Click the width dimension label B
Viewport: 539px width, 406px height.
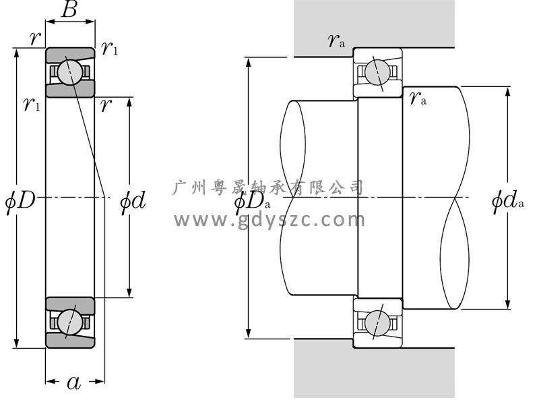(x=69, y=9)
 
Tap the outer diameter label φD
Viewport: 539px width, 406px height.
(x=21, y=200)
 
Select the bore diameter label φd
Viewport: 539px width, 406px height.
(x=133, y=200)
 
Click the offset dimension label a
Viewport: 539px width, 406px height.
(x=73, y=382)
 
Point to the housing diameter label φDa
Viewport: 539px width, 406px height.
(x=253, y=202)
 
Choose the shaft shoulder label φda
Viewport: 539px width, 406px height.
(x=508, y=200)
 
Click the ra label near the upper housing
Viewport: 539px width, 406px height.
(x=336, y=40)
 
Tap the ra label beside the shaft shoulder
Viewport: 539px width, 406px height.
(x=418, y=98)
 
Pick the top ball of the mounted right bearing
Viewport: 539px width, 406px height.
(x=377, y=72)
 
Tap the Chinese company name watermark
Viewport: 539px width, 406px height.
(x=267, y=187)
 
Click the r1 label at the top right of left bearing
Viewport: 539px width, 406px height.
(x=110, y=48)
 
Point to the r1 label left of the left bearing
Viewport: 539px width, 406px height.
(x=32, y=104)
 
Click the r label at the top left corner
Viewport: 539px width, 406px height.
(x=35, y=38)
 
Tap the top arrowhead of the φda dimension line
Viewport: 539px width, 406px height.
(x=508, y=92)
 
